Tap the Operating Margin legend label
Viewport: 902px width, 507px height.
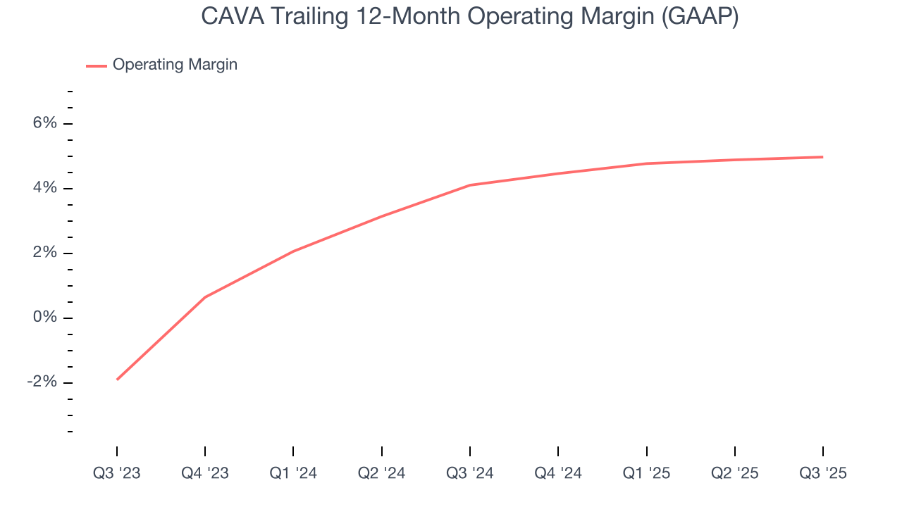tap(175, 65)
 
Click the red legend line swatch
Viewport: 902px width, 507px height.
tap(97, 65)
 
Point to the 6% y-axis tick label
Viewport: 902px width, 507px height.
tap(44, 123)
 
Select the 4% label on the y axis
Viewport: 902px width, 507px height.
tap(44, 188)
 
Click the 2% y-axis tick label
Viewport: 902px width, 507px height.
tap(44, 253)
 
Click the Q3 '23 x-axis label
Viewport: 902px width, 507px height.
tap(117, 473)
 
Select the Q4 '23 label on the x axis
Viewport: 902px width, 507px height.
tap(205, 473)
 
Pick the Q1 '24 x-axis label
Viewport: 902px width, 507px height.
tap(293, 473)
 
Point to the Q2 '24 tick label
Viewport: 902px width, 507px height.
tap(381, 473)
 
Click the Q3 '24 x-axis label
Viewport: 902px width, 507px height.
tap(470, 473)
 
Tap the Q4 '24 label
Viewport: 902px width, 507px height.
tap(558, 473)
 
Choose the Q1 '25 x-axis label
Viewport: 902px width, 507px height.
tap(646, 473)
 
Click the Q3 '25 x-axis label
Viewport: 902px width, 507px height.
tap(823, 473)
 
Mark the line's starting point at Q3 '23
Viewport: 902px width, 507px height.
tap(117, 380)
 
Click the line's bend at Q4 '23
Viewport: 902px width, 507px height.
tap(205, 297)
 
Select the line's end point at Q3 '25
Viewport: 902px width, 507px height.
tap(823, 157)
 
